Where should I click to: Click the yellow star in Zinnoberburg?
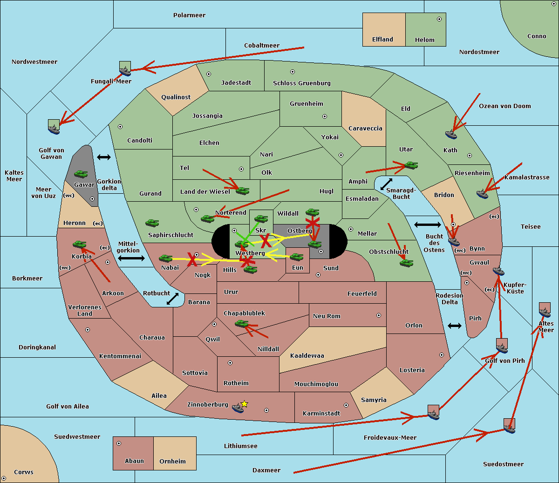point(244,404)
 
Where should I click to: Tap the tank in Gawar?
point(81,174)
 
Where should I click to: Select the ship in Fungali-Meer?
point(125,69)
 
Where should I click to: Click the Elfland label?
point(382,40)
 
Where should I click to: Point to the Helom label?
point(424,40)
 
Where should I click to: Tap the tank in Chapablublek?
point(241,323)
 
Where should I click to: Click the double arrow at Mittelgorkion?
point(131,258)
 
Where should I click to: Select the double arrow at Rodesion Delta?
point(454,326)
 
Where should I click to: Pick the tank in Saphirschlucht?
point(152,224)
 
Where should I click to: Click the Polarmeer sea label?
point(189,15)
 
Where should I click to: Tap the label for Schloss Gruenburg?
point(301,83)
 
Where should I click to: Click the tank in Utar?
point(411,165)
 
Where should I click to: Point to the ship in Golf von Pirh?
point(502,346)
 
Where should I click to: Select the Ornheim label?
point(172,462)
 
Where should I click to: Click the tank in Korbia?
point(80,244)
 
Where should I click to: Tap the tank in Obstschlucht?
point(406,263)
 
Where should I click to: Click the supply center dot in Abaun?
point(119,443)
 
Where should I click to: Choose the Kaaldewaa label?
point(307,356)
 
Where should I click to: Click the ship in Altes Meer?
point(545,310)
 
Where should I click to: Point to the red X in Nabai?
point(192,260)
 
